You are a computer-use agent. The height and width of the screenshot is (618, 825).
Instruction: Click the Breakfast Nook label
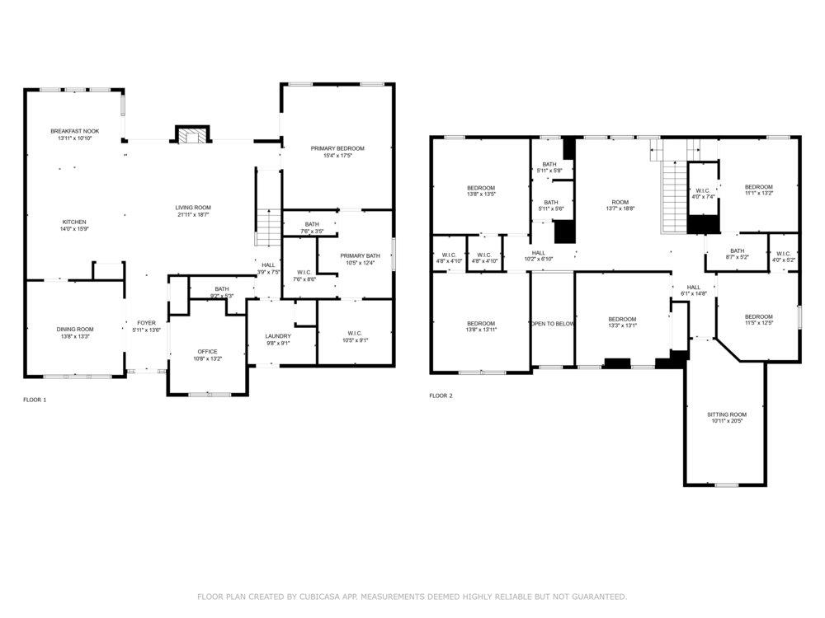(x=75, y=131)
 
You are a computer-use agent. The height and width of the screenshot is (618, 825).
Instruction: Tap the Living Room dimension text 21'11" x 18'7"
(x=193, y=214)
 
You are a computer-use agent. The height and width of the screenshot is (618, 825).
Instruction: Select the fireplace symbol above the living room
(x=192, y=134)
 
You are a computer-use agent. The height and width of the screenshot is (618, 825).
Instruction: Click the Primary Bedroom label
(x=337, y=148)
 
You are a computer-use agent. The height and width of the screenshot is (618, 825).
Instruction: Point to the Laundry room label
(x=278, y=336)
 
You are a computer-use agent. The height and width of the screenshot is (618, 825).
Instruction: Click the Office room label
(x=207, y=352)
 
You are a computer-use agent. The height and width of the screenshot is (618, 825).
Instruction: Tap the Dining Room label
(x=75, y=330)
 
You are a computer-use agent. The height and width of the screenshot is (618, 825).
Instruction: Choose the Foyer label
(x=146, y=323)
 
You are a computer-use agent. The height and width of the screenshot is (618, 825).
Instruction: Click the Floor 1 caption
(x=35, y=400)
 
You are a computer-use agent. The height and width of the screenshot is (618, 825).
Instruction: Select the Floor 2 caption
(x=441, y=396)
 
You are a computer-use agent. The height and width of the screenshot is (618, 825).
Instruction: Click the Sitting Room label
(x=727, y=414)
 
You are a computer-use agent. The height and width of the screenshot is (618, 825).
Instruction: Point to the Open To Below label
(x=553, y=324)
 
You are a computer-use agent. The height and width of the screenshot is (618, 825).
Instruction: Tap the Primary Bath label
(x=360, y=256)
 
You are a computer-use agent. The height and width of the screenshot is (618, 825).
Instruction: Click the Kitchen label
(x=74, y=222)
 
